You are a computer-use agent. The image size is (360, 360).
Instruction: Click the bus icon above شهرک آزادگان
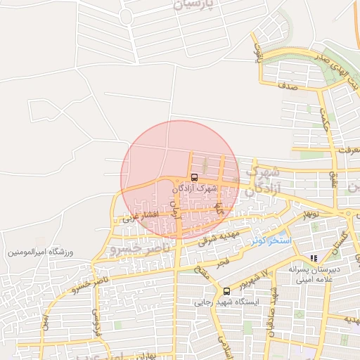[x=194, y=177]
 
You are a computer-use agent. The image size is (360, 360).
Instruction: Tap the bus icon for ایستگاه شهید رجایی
[x=226, y=291]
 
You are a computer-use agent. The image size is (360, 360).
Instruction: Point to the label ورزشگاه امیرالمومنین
[x=41, y=252]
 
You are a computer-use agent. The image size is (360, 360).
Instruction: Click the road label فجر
[x=222, y=262]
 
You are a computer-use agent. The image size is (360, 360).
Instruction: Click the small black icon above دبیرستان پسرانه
[x=314, y=258]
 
